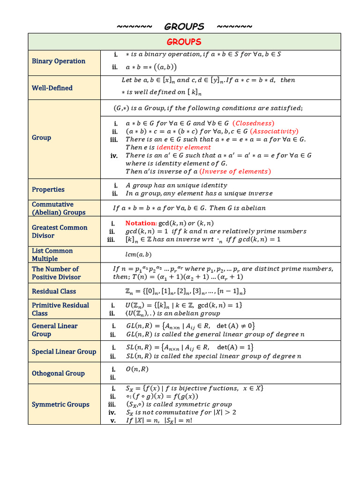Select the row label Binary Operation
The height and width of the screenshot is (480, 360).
point(59,61)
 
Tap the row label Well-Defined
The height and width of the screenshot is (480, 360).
point(52,88)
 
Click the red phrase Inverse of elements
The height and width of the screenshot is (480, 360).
point(235,171)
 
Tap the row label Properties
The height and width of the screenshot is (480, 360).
point(48,189)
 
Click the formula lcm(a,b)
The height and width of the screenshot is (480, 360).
point(138,255)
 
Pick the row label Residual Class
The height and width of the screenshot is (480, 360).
point(54,291)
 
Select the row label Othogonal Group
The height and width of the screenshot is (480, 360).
point(58,373)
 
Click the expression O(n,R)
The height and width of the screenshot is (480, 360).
point(137,369)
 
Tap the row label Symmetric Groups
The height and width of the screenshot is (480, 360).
point(60,404)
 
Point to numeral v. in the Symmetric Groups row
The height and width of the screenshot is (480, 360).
point(113,420)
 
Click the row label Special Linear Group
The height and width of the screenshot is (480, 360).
point(64,352)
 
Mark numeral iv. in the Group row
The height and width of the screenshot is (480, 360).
point(114,156)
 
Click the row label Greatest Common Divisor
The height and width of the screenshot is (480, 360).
point(60,232)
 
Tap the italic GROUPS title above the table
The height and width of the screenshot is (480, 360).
point(184,26)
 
